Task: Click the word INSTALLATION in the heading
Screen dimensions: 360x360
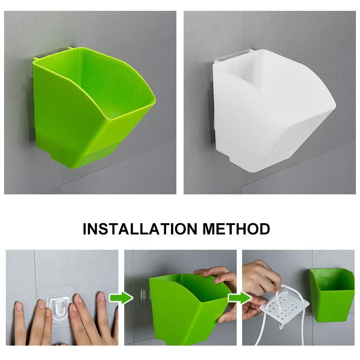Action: tap(140, 229)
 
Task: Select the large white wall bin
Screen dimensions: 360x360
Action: tap(273, 110)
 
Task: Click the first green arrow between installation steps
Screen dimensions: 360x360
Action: tap(121, 298)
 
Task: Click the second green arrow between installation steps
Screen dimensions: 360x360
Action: tap(240, 298)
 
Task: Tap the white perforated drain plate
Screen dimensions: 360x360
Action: tap(285, 307)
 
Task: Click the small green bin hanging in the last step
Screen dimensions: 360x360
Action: tap(331, 295)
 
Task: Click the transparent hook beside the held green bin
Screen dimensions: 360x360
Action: tap(144, 296)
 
